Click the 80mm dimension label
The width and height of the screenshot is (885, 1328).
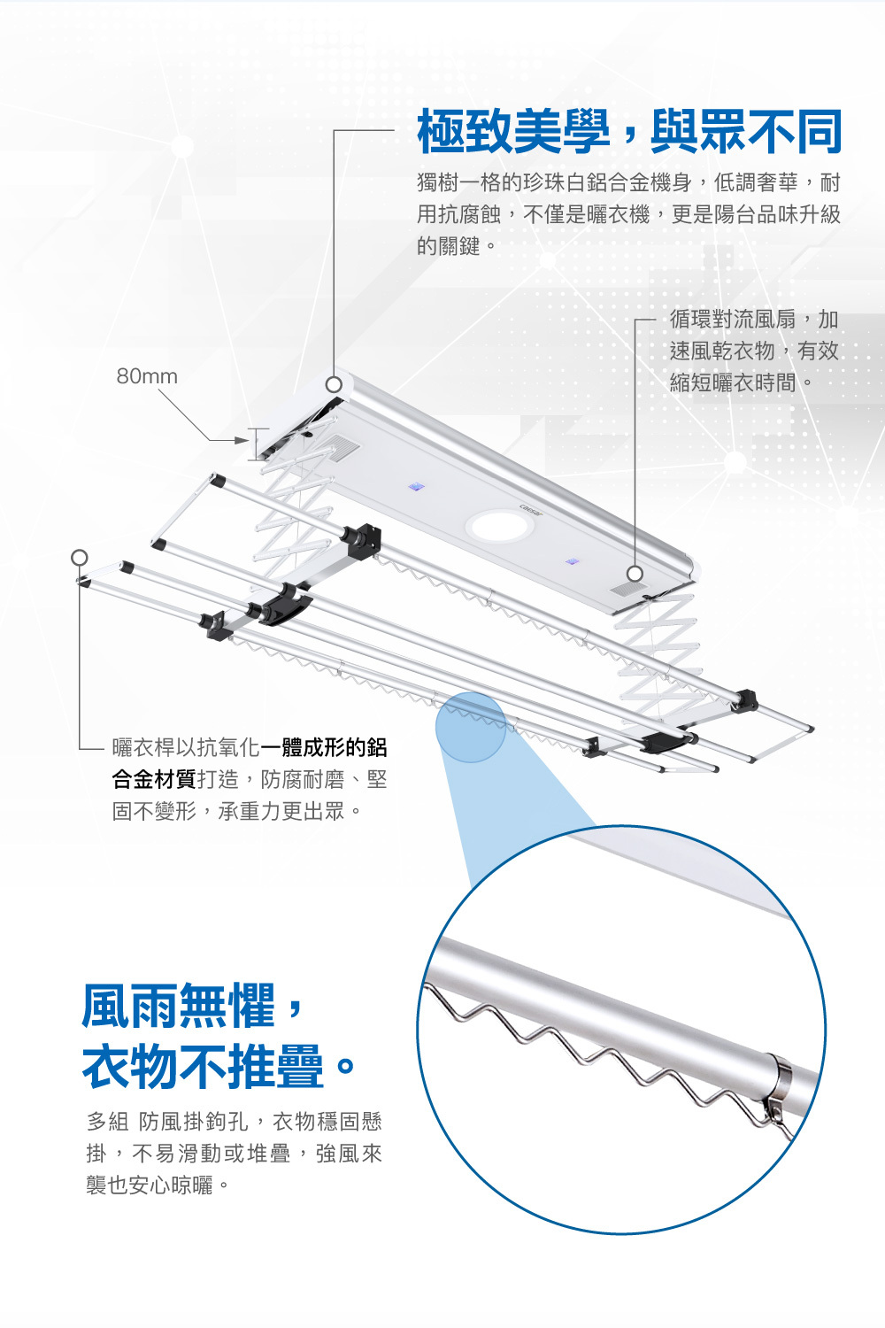click(x=147, y=376)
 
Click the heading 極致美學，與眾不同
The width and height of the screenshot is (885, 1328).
click(x=628, y=132)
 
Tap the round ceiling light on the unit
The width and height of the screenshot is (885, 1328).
click(x=499, y=525)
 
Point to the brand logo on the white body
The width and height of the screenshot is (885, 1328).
click(x=532, y=509)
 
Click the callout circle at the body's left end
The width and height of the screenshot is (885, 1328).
click(x=334, y=384)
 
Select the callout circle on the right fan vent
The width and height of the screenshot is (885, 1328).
click(x=635, y=573)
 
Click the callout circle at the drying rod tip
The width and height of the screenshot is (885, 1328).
click(x=80, y=557)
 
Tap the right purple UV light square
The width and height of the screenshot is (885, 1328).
click(x=573, y=561)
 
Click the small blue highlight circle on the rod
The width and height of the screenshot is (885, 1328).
click(x=471, y=727)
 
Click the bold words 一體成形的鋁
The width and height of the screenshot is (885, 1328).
click(x=324, y=747)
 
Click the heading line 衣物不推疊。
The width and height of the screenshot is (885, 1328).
click(x=218, y=1066)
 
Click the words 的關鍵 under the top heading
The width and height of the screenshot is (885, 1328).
click(x=449, y=246)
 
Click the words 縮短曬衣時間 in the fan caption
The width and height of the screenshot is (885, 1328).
click(x=733, y=382)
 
